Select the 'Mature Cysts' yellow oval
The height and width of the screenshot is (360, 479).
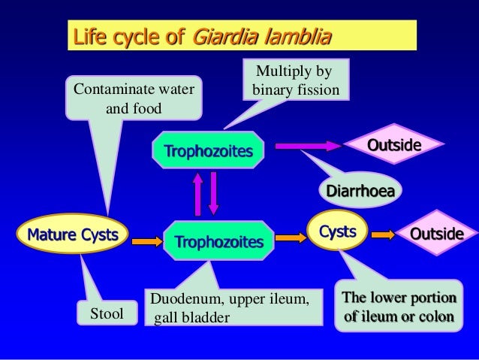coord(73,234)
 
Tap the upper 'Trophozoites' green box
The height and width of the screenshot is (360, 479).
coord(208,151)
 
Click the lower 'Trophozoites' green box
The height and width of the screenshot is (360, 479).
coord(218,241)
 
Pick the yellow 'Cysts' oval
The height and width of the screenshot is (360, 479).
coord(338,232)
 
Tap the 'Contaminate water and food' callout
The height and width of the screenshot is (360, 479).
coord(134,98)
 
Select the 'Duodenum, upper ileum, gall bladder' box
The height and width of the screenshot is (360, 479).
coord(229,310)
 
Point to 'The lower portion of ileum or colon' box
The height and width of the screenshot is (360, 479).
coord(398,307)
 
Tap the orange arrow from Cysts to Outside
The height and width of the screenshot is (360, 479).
coord(384,234)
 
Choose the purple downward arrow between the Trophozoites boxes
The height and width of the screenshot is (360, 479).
coord(213,193)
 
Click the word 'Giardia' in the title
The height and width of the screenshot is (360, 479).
coord(221,37)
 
